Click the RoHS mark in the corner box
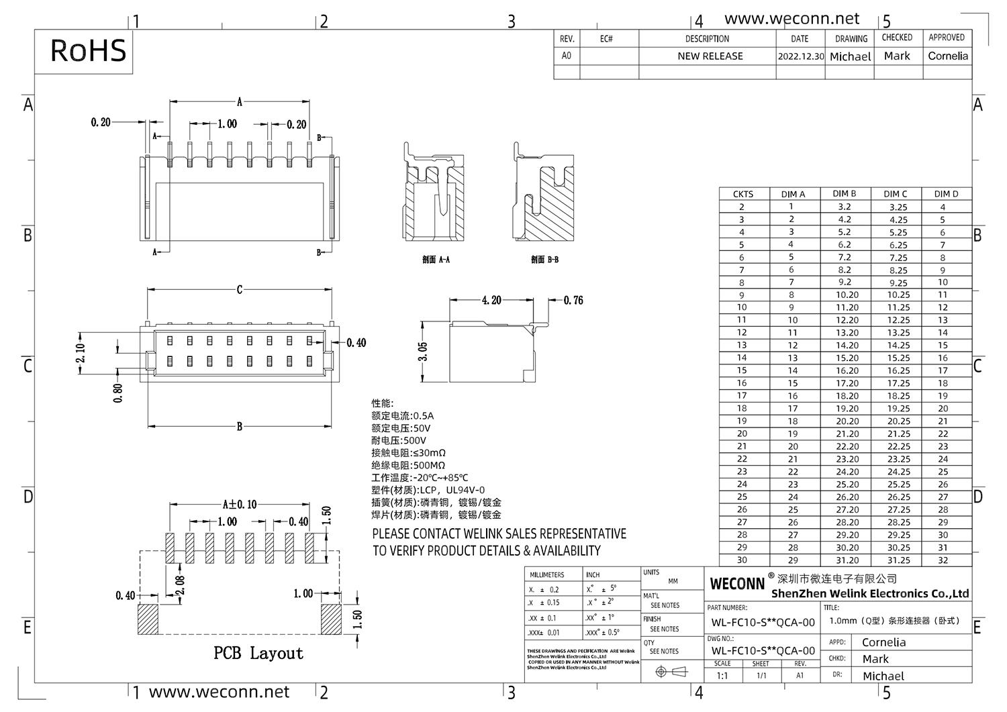click(88, 51)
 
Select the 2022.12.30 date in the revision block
click(800, 56)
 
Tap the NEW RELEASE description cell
click(710, 56)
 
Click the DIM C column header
click(895, 194)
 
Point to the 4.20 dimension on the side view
click(491, 300)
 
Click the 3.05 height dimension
click(423, 352)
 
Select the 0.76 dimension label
click(573, 300)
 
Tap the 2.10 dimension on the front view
click(81, 352)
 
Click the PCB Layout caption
click(258, 653)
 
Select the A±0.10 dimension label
click(240, 505)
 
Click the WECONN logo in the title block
click(737, 584)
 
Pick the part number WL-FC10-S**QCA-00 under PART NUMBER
click(763, 622)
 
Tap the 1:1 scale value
click(722, 676)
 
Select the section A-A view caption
click(436, 260)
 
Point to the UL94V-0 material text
click(465, 490)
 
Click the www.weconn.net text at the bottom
click(219, 692)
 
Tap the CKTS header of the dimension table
click(742, 194)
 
